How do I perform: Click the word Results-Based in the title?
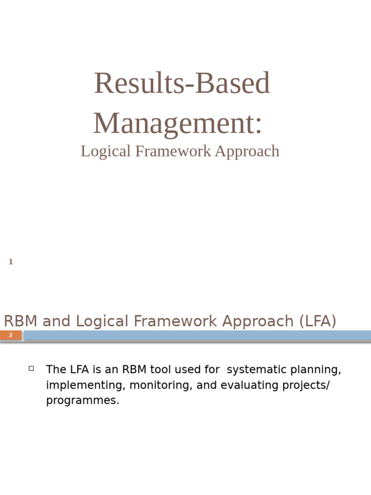182,83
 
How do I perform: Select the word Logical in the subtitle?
106,151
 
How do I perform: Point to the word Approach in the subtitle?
247,151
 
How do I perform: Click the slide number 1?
11,262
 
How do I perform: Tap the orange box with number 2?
11,335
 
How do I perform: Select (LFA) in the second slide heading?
317,321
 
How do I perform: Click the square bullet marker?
31,368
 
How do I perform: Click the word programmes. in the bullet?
83,401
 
